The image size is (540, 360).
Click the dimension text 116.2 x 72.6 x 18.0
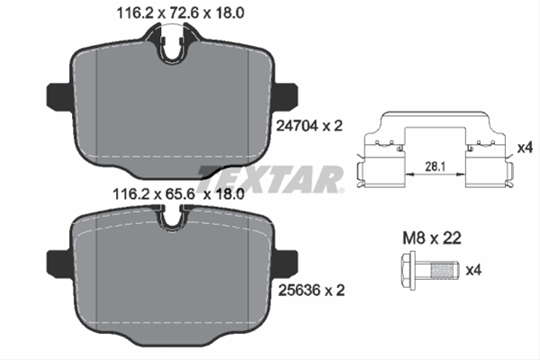181,13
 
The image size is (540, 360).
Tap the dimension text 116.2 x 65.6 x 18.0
178,194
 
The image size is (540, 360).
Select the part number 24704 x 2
310,126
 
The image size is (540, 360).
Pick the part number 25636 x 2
311,291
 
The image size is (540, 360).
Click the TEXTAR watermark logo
270,179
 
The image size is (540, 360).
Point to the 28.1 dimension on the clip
436,166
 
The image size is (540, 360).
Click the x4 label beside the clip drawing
526,148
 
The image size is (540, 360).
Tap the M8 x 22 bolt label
432,238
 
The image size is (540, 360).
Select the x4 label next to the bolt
473,270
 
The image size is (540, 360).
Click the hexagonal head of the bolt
409,270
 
